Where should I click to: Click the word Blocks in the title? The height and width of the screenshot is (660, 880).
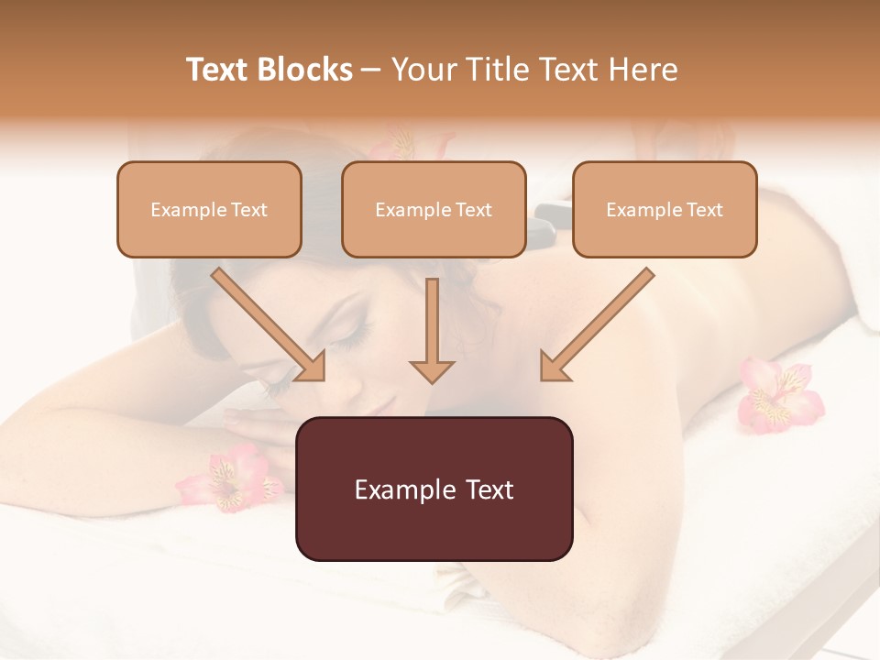307,70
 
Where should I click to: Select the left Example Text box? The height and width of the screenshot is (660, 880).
209,209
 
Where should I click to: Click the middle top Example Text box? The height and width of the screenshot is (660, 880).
434,209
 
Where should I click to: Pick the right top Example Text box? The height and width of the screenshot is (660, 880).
665,209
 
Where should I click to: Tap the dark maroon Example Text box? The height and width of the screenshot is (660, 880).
434,489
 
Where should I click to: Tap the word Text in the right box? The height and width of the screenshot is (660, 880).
705,210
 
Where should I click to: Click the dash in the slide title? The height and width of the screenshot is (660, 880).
371,71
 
